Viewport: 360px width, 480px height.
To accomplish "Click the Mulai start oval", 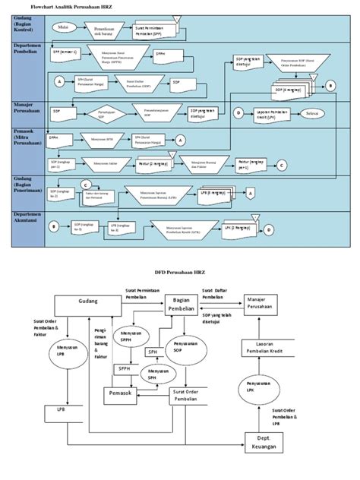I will (x=65, y=27).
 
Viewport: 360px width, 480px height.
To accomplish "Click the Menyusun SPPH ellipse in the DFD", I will (x=127, y=337).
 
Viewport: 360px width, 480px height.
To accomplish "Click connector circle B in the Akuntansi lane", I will (x=54, y=226).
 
